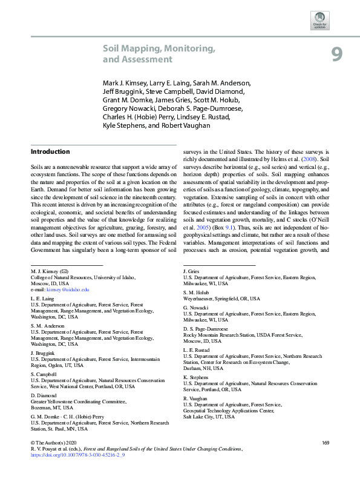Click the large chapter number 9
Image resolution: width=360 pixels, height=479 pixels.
(337, 55)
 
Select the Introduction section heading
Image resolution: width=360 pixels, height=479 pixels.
(50, 151)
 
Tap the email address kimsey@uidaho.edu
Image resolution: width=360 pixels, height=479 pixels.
(68, 291)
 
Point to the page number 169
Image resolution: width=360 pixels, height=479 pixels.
(326, 443)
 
